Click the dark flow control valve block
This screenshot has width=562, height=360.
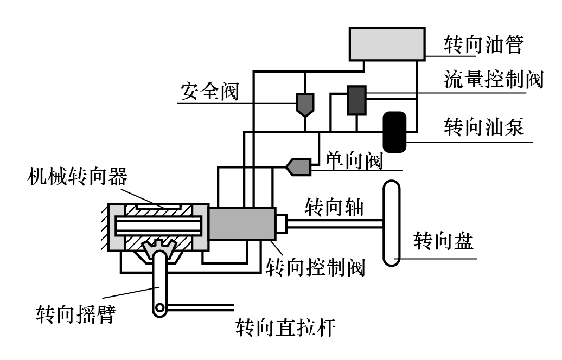pyautogui.click(x=356, y=100)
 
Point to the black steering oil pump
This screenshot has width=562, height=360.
pyautogui.click(x=394, y=131)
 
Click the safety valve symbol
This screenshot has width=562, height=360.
pyautogui.click(x=305, y=104)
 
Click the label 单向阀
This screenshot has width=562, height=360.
pyautogui.click(x=354, y=160)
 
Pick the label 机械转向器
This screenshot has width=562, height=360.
pyautogui.click(x=77, y=176)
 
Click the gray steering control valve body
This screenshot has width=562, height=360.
pyautogui.click(x=241, y=223)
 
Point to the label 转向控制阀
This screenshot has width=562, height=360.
pyautogui.click(x=315, y=266)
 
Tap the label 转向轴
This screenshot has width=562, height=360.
pyautogui.click(x=334, y=207)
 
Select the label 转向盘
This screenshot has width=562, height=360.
pyautogui.click(x=443, y=240)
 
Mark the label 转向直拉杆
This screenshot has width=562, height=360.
pyautogui.click(x=286, y=328)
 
